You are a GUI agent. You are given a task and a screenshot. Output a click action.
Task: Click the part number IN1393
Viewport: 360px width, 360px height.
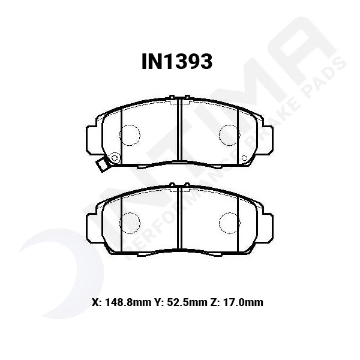(176, 61)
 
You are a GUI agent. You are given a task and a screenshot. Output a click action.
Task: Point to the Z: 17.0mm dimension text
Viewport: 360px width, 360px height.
(238, 302)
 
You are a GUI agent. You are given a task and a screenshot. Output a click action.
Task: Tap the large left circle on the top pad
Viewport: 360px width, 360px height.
(129, 134)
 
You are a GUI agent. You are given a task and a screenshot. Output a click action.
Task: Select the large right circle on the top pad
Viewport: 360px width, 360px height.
(229, 134)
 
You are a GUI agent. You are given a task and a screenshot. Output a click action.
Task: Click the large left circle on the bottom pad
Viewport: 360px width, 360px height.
(129, 223)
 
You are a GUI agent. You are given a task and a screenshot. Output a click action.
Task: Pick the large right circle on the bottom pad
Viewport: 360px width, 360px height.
(229, 223)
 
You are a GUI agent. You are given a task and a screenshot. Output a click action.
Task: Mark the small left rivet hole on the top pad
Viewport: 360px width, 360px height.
(115, 158)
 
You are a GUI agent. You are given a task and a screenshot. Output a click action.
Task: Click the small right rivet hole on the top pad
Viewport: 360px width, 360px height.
(244, 158)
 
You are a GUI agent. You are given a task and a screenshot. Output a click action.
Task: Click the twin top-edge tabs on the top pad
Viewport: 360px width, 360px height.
(179, 97)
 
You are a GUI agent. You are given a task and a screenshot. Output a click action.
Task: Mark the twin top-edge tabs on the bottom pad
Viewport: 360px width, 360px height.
(179, 185)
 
